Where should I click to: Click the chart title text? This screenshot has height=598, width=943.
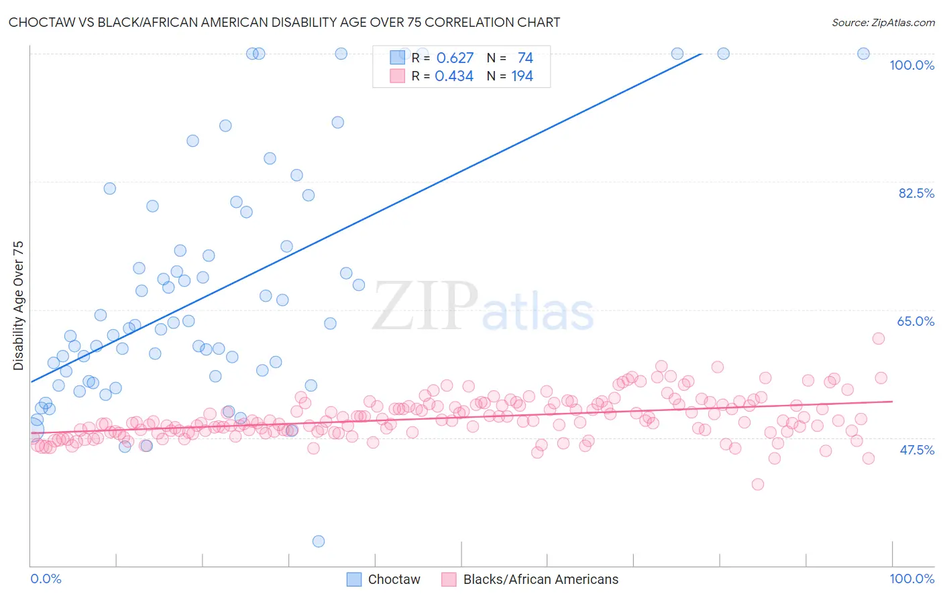(284, 22)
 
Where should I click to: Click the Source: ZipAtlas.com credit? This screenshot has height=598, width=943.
(883, 22)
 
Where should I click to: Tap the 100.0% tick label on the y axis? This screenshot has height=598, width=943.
(911, 65)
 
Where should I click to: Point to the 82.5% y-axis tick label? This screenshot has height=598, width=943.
(916, 193)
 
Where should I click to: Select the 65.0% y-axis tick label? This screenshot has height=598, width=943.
(916, 321)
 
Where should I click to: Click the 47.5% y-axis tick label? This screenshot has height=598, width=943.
(916, 450)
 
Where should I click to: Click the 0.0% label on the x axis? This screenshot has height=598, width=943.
(46, 579)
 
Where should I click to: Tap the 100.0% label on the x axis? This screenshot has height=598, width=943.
(911, 579)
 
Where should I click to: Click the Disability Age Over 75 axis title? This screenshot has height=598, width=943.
(19, 306)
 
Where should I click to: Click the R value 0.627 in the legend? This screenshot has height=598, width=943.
(455, 58)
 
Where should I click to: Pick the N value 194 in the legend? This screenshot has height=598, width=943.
(522, 76)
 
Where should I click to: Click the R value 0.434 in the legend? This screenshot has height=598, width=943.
(454, 76)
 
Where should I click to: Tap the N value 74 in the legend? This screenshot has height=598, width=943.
(525, 58)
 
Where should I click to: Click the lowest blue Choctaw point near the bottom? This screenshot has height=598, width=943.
(319, 541)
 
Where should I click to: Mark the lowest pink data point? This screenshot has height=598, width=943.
(758, 484)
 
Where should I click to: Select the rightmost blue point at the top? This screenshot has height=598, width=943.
(864, 54)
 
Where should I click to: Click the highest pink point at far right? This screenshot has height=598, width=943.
(879, 339)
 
